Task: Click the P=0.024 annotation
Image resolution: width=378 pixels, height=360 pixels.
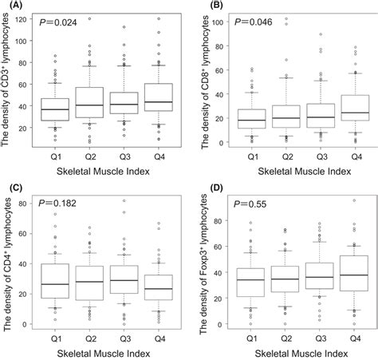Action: [x=59, y=24]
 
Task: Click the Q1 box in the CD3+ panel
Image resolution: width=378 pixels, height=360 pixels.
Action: [x=54, y=109]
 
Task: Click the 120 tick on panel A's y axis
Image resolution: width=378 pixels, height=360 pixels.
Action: [x=29, y=18]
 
